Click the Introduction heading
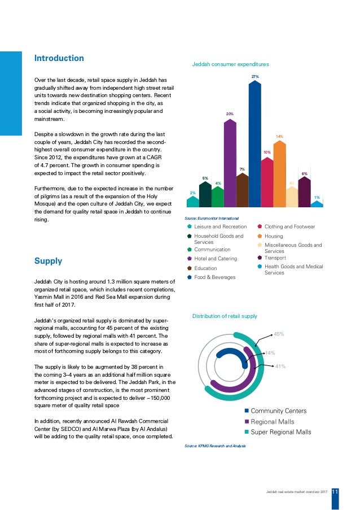[59, 58]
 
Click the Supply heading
[49, 261]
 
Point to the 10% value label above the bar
[267, 152]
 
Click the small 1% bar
[317, 204]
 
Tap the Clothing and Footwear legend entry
[289, 226]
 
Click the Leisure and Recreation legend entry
[220, 226]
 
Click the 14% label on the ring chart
[270, 353]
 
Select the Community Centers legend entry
[279, 411]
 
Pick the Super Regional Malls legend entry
[280, 432]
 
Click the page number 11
[335, 492]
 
